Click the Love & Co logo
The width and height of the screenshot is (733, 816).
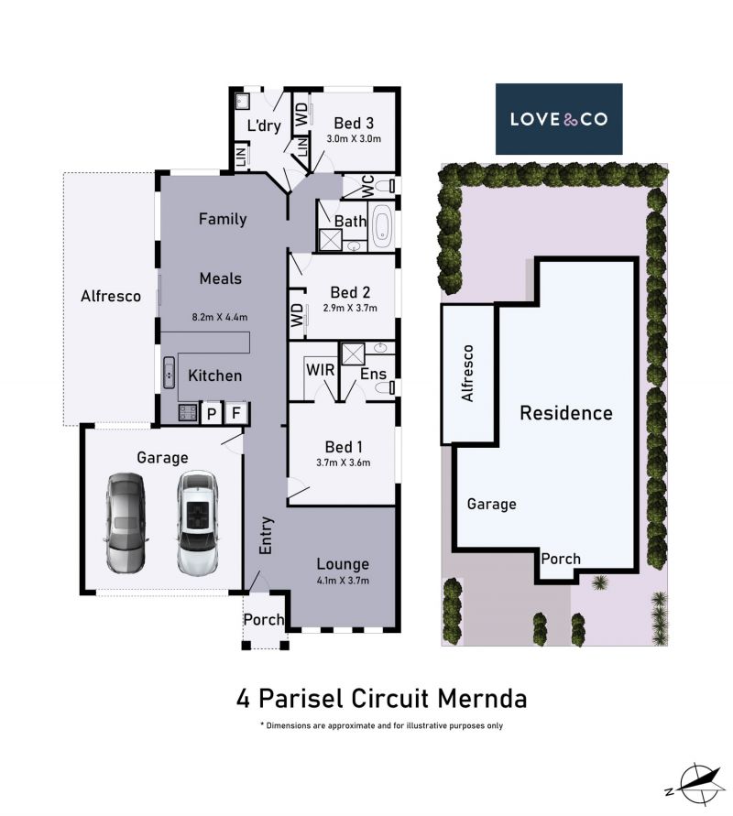click(x=559, y=119)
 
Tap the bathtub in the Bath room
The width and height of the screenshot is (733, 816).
click(x=382, y=227)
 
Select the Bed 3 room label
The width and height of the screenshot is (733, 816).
click(x=354, y=124)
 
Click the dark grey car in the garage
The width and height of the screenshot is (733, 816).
click(x=126, y=523)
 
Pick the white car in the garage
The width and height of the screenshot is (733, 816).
click(x=197, y=523)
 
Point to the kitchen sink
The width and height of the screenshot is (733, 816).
click(x=170, y=372)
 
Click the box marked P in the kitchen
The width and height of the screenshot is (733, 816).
click(x=212, y=413)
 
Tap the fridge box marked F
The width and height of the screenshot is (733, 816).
click(x=236, y=413)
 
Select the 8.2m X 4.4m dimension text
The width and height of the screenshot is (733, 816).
click(x=220, y=316)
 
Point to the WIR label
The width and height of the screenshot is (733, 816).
click(x=320, y=370)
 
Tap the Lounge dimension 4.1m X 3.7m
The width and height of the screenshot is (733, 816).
click(x=343, y=581)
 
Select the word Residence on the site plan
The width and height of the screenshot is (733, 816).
click(x=566, y=413)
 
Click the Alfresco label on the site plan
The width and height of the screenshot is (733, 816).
click(x=467, y=373)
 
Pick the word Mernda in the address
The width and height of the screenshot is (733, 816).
click(x=482, y=699)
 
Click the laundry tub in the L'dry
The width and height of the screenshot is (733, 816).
click(x=242, y=102)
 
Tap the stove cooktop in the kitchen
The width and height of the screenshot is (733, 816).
click(x=188, y=413)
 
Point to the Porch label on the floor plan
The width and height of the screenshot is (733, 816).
click(x=264, y=619)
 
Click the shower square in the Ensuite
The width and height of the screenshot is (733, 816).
click(x=353, y=354)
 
